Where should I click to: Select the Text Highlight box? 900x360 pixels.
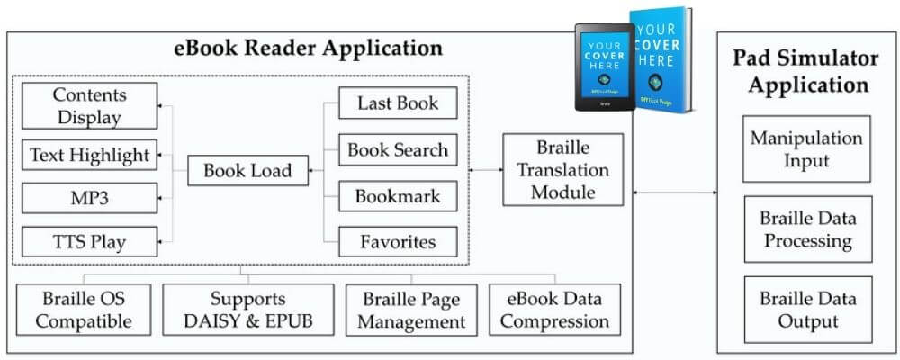[89, 155]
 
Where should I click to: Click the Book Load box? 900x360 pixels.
[247, 170]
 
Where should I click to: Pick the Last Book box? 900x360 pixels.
[397, 103]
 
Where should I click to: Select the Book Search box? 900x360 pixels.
[397, 149]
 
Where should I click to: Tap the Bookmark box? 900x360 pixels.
[397, 196]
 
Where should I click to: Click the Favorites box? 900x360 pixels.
[397, 241]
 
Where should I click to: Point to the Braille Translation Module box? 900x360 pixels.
[562, 169]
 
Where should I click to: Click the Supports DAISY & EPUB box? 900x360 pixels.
[247, 310]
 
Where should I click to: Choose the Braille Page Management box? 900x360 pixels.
[413, 310]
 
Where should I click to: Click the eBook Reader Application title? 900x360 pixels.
[308, 49]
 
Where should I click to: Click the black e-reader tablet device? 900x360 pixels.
[604, 67]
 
